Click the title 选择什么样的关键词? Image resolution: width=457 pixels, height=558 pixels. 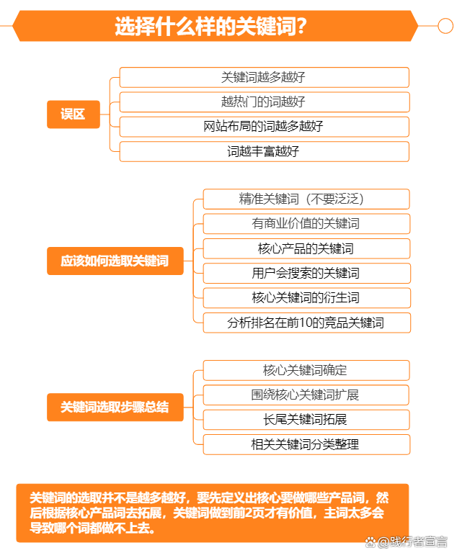[210, 26]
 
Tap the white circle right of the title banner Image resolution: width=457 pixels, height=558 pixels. [445, 26]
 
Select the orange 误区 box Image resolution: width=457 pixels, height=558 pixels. [74, 114]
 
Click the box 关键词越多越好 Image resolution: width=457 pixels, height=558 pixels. [265, 77]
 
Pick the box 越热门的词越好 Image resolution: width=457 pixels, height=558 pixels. [265, 102]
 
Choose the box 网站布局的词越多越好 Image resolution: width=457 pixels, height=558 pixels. [265, 127]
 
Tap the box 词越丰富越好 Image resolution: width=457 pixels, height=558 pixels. [265, 152]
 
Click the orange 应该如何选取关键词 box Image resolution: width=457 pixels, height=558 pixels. [115, 261]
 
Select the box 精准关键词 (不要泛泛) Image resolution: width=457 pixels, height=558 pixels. [306, 199]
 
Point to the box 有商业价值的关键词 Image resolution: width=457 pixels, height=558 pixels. [306, 223]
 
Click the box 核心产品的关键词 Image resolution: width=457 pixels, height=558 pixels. [306, 248]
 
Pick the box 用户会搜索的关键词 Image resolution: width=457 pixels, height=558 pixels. [306, 274]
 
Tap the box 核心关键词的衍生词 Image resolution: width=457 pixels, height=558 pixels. [306, 298]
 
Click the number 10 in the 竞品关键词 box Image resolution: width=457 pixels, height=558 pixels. [306, 323]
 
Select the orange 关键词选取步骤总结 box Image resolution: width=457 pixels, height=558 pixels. [115, 407]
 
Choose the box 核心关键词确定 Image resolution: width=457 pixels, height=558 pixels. [306, 371]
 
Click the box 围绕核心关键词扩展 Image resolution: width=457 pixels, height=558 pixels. [306, 395]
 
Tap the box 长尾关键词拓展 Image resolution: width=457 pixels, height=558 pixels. [306, 420]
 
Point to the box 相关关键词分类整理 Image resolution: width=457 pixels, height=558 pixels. [306, 444]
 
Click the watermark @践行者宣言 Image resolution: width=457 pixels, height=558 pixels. [406, 542]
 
